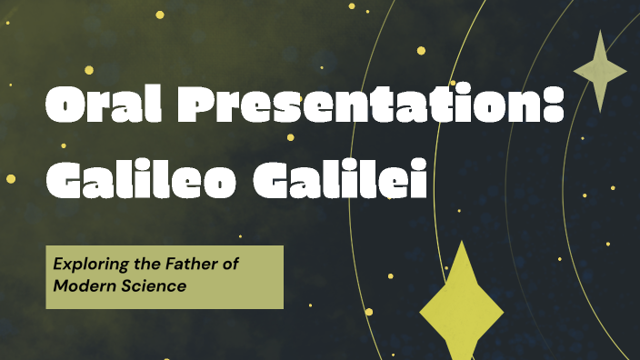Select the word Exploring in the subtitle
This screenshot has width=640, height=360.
tap(85, 265)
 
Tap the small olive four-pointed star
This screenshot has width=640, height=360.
tap(600, 71)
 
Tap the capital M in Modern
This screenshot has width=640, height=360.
tap(60, 285)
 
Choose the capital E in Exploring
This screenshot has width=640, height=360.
tap(57, 265)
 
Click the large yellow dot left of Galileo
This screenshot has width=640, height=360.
tap(11, 178)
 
